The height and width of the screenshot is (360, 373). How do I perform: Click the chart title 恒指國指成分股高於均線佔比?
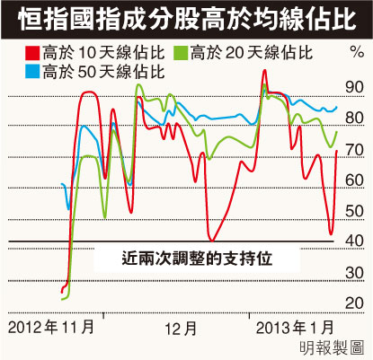[x=187, y=20]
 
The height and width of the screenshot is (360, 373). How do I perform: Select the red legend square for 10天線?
[x=32, y=53]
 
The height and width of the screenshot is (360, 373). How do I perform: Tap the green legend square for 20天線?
[x=181, y=53]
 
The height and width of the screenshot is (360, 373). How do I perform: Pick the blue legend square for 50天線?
[x=32, y=72]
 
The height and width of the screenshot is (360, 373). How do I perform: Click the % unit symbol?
[x=357, y=52]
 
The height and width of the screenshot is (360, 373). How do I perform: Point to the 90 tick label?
[x=354, y=87]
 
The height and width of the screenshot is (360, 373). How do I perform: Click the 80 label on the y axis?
[x=354, y=118]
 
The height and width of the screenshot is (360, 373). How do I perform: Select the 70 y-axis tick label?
[x=354, y=150]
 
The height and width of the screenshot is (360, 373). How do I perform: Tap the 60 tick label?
[x=354, y=180]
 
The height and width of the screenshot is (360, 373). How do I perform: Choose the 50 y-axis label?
[x=354, y=211]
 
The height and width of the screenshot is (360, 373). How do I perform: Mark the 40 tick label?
[x=354, y=241]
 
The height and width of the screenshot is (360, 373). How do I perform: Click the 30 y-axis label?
[x=354, y=273]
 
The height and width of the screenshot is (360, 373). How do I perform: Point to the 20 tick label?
[x=354, y=303]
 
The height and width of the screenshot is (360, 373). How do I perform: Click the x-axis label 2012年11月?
[x=51, y=327]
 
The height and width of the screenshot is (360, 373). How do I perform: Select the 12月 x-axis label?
[x=181, y=329]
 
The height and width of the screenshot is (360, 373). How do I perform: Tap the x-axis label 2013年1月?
[x=295, y=327]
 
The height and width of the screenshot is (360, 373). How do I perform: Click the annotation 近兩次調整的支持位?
[x=197, y=259]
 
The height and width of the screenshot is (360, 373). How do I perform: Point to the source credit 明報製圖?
[x=332, y=347]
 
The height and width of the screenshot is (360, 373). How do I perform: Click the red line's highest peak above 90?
[x=264, y=71]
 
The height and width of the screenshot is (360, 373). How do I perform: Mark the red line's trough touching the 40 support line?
[x=212, y=240]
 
